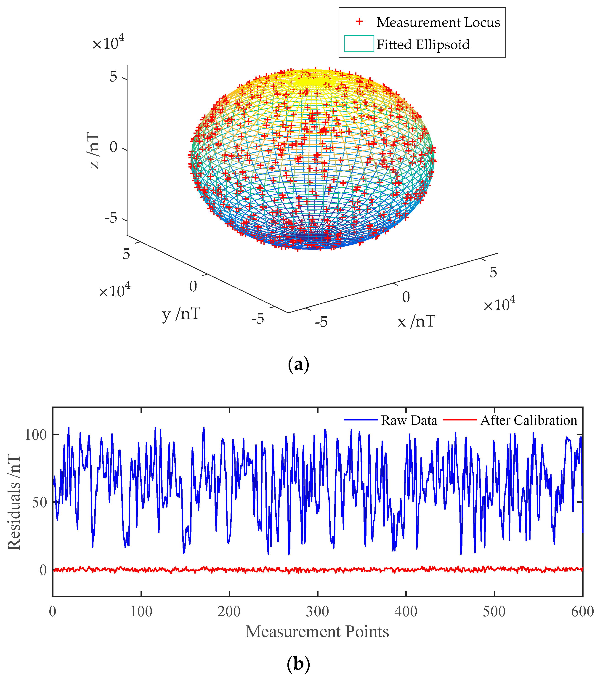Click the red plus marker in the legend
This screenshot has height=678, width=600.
tap(359, 22)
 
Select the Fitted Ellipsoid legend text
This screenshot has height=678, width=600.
tap(423, 45)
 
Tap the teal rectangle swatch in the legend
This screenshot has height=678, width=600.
tap(359, 44)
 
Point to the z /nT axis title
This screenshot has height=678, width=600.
tap(94, 151)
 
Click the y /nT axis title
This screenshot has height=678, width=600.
tap(181, 314)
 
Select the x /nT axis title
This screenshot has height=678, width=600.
tap(416, 321)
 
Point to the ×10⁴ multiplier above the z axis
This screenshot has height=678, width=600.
tap(108, 43)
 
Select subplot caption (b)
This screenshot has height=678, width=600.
tap(298, 664)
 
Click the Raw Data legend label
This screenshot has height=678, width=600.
tap(409, 421)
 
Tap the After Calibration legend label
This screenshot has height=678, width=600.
tap(529, 421)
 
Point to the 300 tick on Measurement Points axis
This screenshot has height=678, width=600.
tap(317, 611)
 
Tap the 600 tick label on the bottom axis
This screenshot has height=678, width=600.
tap(582, 611)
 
